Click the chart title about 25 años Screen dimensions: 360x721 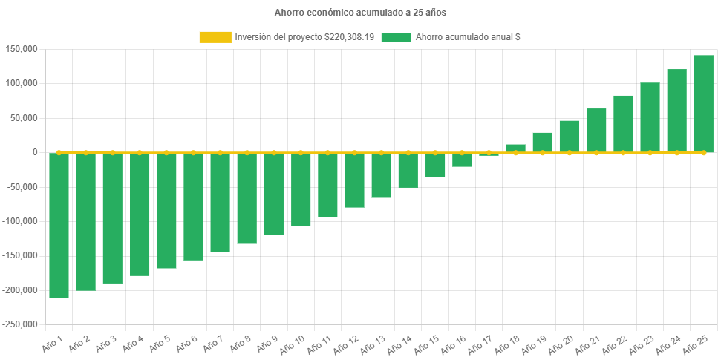pyautogui.click(x=360, y=13)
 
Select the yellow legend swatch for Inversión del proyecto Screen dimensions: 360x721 pyautogui.click(x=215, y=37)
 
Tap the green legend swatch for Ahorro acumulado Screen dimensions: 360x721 pyautogui.click(x=396, y=37)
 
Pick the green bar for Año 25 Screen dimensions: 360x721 pyautogui.click(x=703, y=104)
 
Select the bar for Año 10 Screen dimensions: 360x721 pyautogui.click(x=301, y=189)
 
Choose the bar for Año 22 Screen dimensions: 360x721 pyautogui.click(x=623, y=124)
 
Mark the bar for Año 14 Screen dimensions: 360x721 pyautogui.click(x=408, y=170)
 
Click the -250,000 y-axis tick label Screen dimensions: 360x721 pyautogui.click(x=19, y=324)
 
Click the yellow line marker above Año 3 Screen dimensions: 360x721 pyautogui.click(x=113, y=152)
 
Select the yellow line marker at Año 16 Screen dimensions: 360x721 pyautogui.click(x=462, y=152)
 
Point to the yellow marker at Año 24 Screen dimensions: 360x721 pyautogui.click(x=676, y=152)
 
